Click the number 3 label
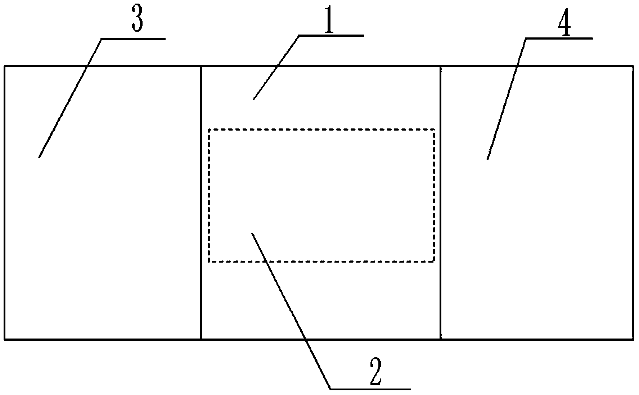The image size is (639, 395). tap(138, 20)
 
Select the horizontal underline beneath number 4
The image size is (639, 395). tap(559, 38)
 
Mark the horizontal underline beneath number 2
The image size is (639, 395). tap(371, 389)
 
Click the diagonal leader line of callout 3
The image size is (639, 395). tap(70, 98)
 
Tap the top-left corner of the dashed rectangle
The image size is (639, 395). tap(209, 129)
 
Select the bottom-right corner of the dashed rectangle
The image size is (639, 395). tap(434, 261)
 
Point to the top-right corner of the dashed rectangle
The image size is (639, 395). tap(434, 129)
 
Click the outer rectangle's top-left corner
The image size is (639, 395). tap(4, 66)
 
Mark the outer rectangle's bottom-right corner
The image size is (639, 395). tap(634, 339)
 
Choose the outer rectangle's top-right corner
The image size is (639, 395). tap(634, 66)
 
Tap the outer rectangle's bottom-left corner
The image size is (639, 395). tap(4, 339)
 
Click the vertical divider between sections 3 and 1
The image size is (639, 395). tap(201, 203)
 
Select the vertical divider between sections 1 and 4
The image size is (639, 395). tap(441, 203)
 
